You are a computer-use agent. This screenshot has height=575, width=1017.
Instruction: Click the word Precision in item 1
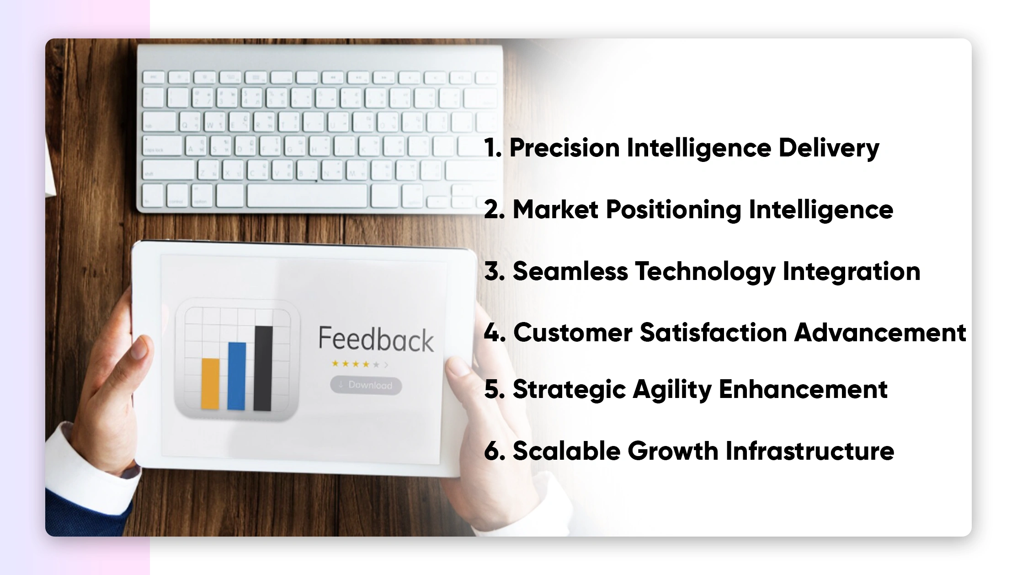pos(564,148)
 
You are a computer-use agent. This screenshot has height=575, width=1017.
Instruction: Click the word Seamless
pos(570,271)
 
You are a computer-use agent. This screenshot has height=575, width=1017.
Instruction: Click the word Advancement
pos(880,332)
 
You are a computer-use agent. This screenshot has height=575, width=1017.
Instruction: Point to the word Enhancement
pos(803,389)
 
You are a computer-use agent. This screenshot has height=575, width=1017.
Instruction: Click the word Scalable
pos(566,451)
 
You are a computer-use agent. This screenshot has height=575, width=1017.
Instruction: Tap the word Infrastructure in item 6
pos(809,451)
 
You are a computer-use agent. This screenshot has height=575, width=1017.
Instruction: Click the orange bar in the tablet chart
pos(210,383)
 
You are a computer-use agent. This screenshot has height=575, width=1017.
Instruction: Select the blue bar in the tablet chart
pos(237,376)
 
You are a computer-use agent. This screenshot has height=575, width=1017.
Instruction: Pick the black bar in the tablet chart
pos(263,368)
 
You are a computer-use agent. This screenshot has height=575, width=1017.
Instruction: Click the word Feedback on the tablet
pos(376,339)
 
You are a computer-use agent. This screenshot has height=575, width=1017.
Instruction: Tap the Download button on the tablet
pos(366,385)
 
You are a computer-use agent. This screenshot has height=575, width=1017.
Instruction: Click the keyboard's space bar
pos(307,196)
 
